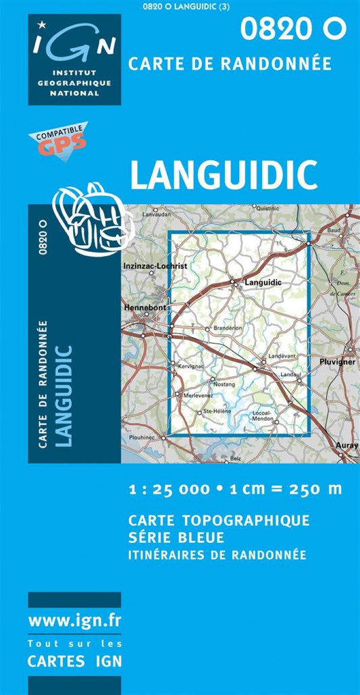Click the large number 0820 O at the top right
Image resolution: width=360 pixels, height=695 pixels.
[293, 28]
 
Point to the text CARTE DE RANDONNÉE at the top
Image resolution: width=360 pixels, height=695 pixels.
[230, 63]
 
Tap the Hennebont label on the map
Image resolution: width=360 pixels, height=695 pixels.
[145, 307]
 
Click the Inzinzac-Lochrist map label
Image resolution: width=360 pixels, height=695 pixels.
[155, 267]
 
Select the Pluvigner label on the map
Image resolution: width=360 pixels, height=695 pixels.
[338, 362]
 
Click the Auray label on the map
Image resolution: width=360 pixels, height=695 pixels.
[347, 446]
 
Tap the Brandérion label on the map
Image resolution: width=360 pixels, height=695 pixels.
[227, 329]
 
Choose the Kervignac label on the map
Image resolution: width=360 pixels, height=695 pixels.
[191, 366]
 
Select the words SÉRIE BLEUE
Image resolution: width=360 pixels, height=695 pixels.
[175, 538]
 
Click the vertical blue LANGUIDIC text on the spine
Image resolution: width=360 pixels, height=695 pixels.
[63, 395]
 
